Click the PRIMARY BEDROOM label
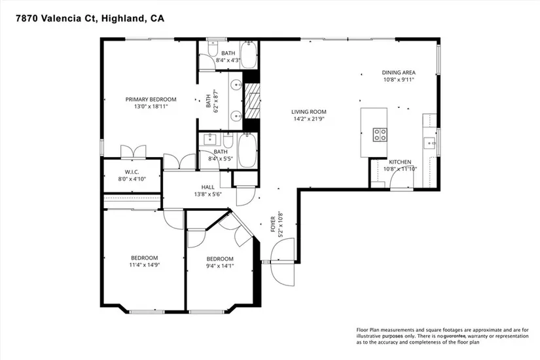[151, 99]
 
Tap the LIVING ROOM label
[308, 112]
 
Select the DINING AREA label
[399, 73]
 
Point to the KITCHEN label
[400, 162]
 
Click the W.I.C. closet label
[132, 172]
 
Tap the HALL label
[207, 187]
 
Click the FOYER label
[273, 224]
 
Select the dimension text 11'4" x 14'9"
[145, 265]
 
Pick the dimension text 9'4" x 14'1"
[220, 266]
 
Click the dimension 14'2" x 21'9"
[309, 119]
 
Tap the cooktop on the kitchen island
[380, 134]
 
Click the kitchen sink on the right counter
[429, 143]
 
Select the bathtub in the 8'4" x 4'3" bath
[248, 55]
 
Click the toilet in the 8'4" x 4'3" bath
[213, 49]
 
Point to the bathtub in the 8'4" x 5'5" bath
[247, 151]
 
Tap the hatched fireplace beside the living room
[252, 101]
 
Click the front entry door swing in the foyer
[283, 262]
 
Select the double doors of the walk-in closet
[134, 152]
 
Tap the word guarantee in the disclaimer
[455, 336]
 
